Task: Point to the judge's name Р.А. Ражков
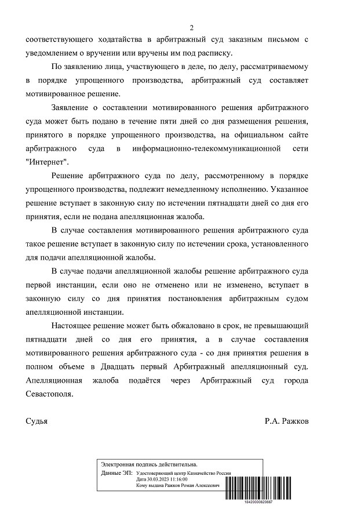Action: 286,421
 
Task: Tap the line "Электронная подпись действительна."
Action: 149,464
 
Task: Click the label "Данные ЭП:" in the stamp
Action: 116,473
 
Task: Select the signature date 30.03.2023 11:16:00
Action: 162,479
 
